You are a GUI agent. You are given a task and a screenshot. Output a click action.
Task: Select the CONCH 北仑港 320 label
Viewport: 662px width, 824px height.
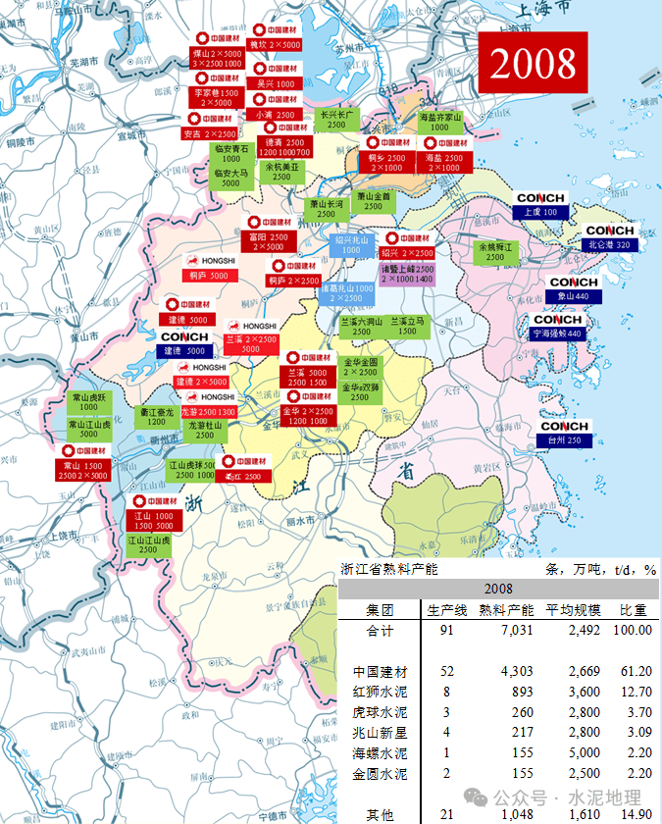pyautogui.click(x=609, y=238)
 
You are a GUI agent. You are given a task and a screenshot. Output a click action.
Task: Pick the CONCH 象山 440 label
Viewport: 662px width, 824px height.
pyautogui.click(x=573, y=289)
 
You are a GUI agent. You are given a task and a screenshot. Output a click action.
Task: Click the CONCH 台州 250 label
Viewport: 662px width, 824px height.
pyautogui.click(x=564, y=434)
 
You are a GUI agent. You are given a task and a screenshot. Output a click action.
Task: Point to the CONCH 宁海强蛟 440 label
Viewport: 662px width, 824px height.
pyautogui.click(x=557, y=327)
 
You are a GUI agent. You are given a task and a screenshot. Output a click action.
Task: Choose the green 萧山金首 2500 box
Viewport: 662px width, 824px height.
pyautogui.click(x=373, y=201)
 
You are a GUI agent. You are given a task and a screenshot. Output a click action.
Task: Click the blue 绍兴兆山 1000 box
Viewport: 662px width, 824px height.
pyautogui.click(x=351, y=244)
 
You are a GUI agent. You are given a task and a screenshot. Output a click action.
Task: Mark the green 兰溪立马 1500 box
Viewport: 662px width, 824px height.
pyautogui.click(x=407, y=326)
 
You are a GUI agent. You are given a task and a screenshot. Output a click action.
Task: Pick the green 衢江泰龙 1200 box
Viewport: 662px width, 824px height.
pyautogui.click(x=156, y=417)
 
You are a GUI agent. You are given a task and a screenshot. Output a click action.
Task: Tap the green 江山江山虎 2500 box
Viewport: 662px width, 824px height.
pyautogui.click(x=154, y=544)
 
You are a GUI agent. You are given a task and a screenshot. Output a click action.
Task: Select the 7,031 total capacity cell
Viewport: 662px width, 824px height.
pyautogui.click(x=506, y=630)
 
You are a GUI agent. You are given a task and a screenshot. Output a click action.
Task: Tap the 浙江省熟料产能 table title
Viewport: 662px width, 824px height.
pyautogui.click(x=388, y=569)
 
